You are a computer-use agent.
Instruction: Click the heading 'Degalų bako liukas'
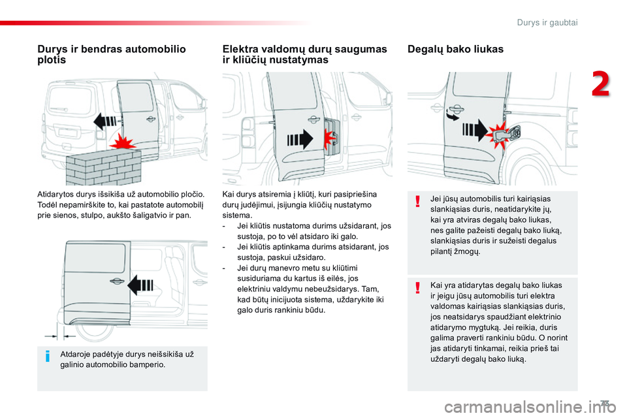tap(455, 49)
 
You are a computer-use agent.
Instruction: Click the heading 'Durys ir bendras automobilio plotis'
tap(112, 54)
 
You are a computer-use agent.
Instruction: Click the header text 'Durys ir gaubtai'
tap(547, 22)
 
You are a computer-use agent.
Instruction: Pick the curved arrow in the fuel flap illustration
tap(451, 115)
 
